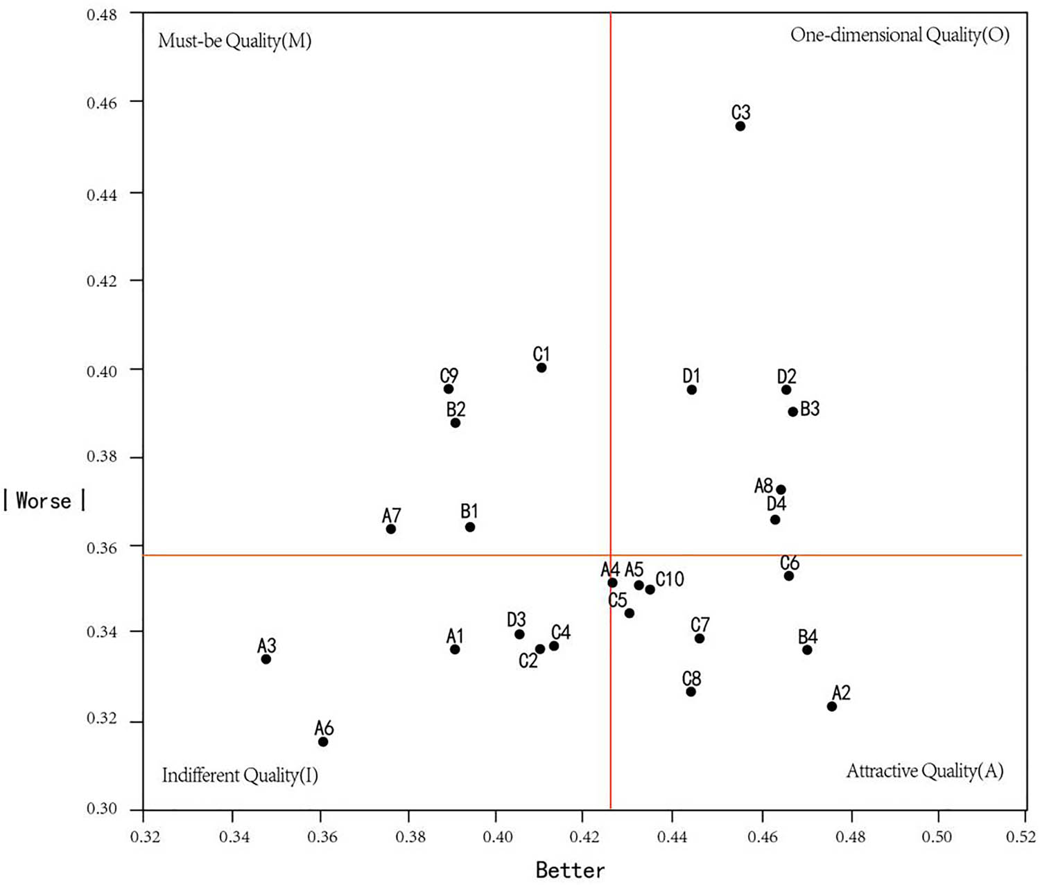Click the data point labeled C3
coord(740,126)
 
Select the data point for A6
coord(323,742)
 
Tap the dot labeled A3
coord(266,659)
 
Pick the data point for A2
coord(832,706)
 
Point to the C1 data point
coord(541,367)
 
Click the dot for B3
coord(793,412)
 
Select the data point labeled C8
coord(691,692)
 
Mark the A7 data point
coord(391,529)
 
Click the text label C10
coord(670,579)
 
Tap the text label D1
coord(691,376)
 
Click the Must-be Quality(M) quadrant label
coord(235,41)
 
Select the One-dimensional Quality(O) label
coord(900,35)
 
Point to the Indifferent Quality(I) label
coord(240,775)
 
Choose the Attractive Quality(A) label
coord(925,771)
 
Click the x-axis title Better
coord(570,870)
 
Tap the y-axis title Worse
coord(44,500)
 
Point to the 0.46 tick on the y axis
coord(101,103)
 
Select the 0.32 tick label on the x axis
coord(144,836)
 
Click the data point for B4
coord(807,649)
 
